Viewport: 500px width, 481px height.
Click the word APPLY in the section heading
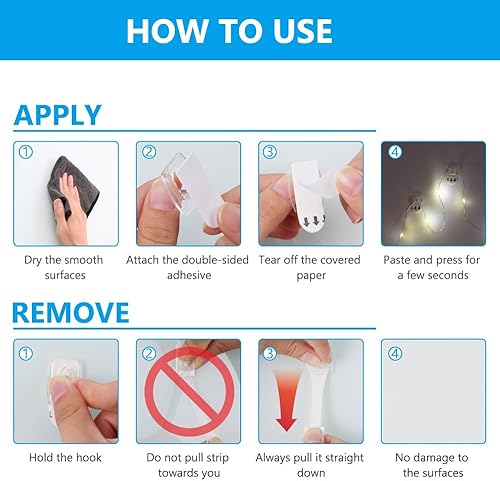pyautogui.click(x=58, y=115)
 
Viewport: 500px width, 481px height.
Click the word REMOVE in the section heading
pyautogui.click(x=71, y=312)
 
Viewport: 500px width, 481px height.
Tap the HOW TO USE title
pyautogui.click(x=229, y=31)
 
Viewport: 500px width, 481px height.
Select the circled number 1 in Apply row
pyautogui.click(x=26, y=152)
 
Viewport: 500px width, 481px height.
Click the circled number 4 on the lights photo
pyautogui.click(x=395, y=152)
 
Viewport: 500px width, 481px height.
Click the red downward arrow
pyautogui.click(x=286, y=400)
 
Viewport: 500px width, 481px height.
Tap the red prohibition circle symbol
pyautogui.click(x=189, y=391)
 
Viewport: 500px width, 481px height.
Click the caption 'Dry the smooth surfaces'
pyautogui.click(x=64, y=267)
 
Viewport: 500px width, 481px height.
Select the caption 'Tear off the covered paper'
pyautogui.click(x=310, y=268)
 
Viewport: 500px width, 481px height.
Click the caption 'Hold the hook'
pyautogui.click(x=65, y=457)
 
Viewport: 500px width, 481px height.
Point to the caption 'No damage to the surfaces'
pyautogui.click(x=432, y=465)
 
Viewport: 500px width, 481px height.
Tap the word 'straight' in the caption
pyautogui.click(x=344, y=458)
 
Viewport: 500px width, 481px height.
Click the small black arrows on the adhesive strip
pyautogui.click(x=314, y=220)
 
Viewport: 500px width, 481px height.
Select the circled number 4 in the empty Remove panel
pyautogui.click(x=395, y=354)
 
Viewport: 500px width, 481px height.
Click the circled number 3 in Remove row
pyautogui.click(x=270, y=354)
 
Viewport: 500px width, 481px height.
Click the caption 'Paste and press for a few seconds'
pyautogui.click(x=432, y=267)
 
